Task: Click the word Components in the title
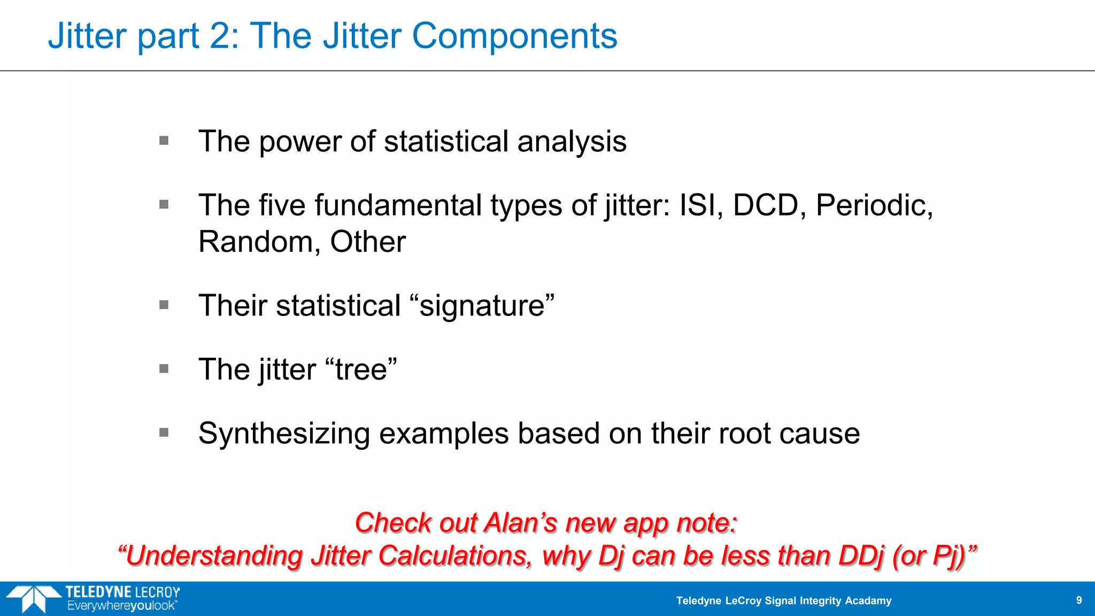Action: [x=514, y=36]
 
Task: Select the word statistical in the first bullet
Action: [x=446, y=142]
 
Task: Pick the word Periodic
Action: [x=874, y=205]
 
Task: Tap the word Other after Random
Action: [x=368, y=242]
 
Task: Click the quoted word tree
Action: [x=361, y=369]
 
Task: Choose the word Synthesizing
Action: [x=284, y=434]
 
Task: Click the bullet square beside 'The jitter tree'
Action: [x=164, y=369]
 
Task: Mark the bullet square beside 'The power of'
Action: [x=164, y=141]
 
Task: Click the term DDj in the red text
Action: [x=860, y=556]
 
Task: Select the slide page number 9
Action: [x=1079, y=600]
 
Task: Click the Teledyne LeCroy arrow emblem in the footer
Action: [x=33, y=598]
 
